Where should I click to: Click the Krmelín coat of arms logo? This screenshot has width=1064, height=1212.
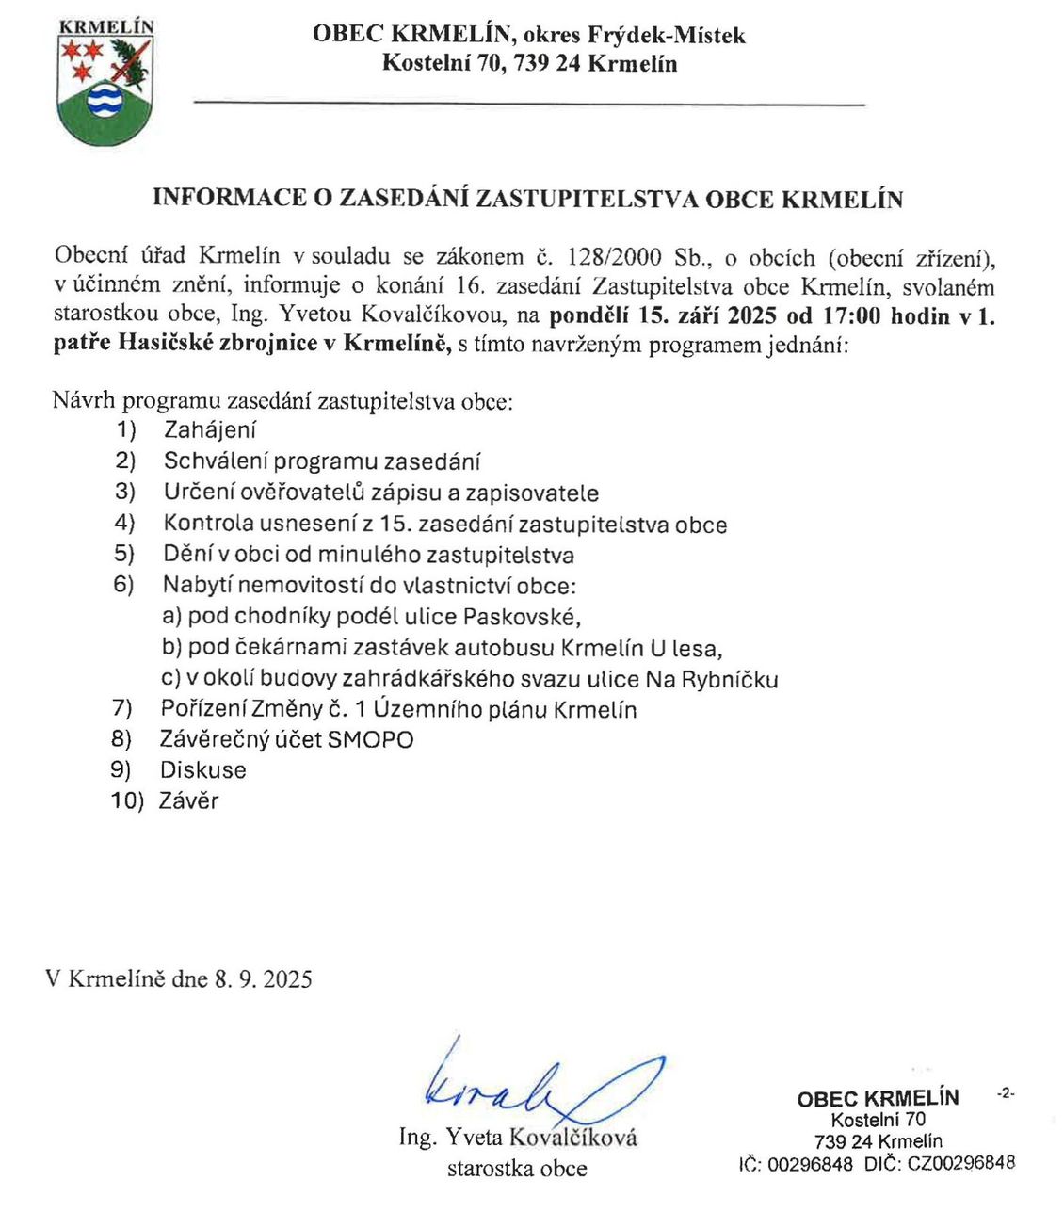(x=105, y=82)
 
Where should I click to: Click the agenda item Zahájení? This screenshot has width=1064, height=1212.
(x=210, y=430)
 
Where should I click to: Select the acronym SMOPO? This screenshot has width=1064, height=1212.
(x=370, y=739)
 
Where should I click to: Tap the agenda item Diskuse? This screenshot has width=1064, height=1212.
(x=203, y=770)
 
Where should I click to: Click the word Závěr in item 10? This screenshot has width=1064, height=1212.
(x=189, y=801)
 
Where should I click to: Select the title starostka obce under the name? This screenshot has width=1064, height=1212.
(x=517, y=1169)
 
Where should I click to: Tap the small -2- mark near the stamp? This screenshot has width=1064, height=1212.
(x=1005, y=1093)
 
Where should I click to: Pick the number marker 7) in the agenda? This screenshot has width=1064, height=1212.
(x=122, y=708)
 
